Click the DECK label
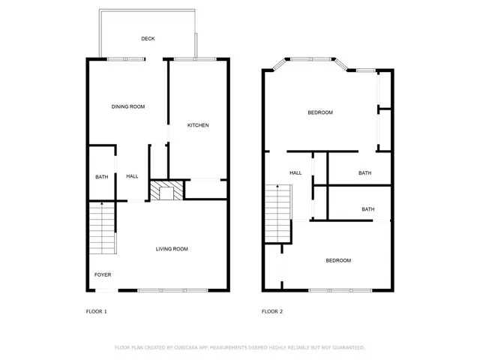pos(148,38)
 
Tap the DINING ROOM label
pos(128,106)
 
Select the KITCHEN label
pos(198,125)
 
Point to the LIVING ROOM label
pos(172,249)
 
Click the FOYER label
pos(102,274)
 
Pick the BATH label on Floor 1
pos(101,177)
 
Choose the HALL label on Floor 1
pos(132,176)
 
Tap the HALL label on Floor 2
pos(295,173)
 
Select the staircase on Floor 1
pos(102,229)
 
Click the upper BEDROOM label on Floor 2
pos(320,112)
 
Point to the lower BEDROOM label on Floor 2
pos(337,260)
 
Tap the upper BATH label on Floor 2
pos(364,173)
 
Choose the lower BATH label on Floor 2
pos(368,209)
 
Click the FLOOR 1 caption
pos(97,311)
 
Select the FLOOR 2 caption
pos(271,311)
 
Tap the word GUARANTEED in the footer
pos(347,348)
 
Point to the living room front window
pos(172,290)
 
